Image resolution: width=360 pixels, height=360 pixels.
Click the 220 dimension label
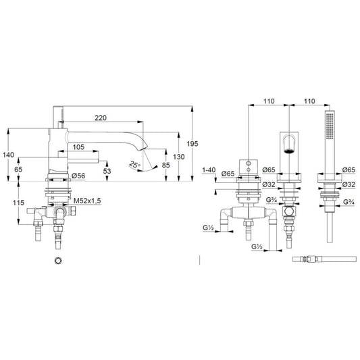pyautogui.click(x=101, y=118)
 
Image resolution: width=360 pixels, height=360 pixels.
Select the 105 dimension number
pyautogui.click(x=78, y=147)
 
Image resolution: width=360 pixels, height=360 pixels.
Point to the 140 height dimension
pyautogui.click(x=9, y=155)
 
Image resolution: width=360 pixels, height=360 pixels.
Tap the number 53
pyautogui.click(x=107, y=171)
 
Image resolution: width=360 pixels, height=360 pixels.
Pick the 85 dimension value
pyautogui.click(x=165, y=165)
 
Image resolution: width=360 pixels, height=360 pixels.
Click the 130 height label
pyautogui.click(x=179, y=157)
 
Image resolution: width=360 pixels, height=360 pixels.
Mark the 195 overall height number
pyautogui.click(x=192, y=144)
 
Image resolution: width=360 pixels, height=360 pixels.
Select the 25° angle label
pyautogui.click(x=134, y=165)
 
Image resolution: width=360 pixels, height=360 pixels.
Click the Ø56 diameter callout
pyautogui.click(x=78, y=176)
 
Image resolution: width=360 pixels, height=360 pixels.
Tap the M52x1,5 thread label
pyautogui.click(x=87, y=201)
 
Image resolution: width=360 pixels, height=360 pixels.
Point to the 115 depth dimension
pyautogui.click(x=18, y=203)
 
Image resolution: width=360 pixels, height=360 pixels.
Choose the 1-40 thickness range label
pyautogui.click(x=209, y=170)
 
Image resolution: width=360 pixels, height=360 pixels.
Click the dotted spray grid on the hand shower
pyautogui.click(x=330, y=126)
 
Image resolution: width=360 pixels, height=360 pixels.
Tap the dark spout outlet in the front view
pyautogui.click(x=289, y=151)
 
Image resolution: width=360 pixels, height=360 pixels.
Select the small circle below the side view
pyautogui.click(x=58, y=261)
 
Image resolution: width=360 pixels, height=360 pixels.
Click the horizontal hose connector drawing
pyautogui.click(x=324, y=259)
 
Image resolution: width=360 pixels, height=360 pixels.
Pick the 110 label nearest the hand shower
pyautogui.click(x=309, y=101)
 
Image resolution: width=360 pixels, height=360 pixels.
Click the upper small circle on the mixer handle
pyautogui.click(x=248, y=163)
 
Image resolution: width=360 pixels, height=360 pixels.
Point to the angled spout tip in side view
pyautogui.click(x=143, y=148)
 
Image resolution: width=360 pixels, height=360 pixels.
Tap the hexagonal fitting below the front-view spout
pyautogui.click(x=289, y=211)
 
